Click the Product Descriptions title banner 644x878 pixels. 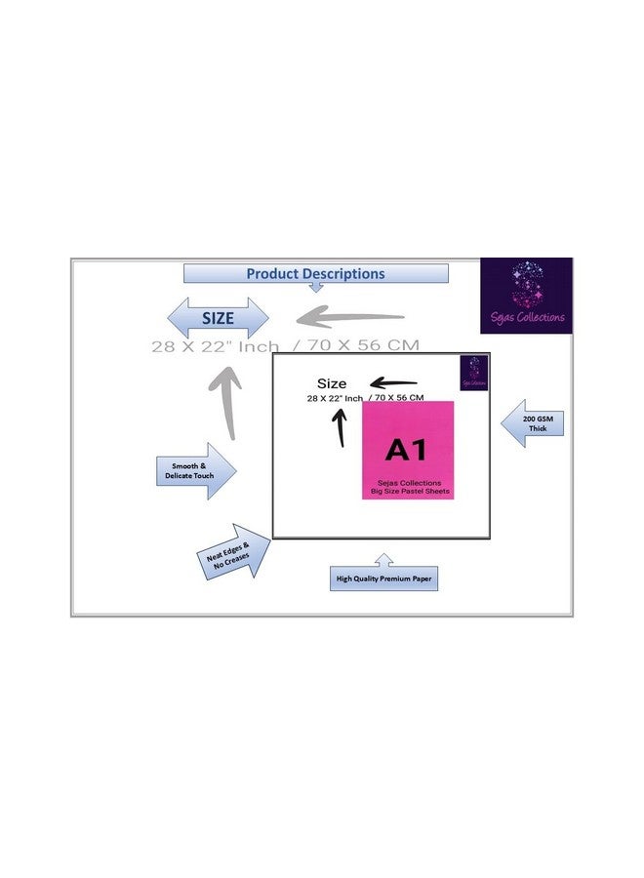pyautogui.click(x=315, y=274)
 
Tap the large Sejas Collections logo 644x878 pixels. pyautogui.click(x=525, y=296)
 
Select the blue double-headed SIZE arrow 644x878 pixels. pyautogui.click(x=219, y=318)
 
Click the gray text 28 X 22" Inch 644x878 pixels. pyautogui.click(x=215, y=346)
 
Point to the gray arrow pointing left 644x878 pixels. pyautogui.click(x=350, y=317)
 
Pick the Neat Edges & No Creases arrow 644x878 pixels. pyautogui.click(x=231, y=553)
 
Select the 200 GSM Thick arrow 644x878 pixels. pyautogui.click(x=532, y=422)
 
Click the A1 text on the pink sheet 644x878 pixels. pyautogui.click(x=406, y=450)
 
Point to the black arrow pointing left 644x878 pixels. pyautogui.click(x=393, y=382)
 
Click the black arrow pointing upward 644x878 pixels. pyautogui.click(x=340, y=427)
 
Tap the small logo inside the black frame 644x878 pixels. pyautogui.click(x=473, y=373)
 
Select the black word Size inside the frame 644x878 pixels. pyautogui.click(x=332, y=383)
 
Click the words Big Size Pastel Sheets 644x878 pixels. pyautogui.click(x=409, y=493)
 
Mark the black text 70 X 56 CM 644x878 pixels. pyautogui.click(x=396, y=398)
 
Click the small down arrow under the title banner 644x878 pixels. pyautogui.click(x=315, y=288)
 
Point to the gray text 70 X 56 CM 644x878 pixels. pyautogui.click(x=363, y=346)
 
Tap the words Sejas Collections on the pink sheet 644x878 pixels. pyautogui.click(x=409, y=483)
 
